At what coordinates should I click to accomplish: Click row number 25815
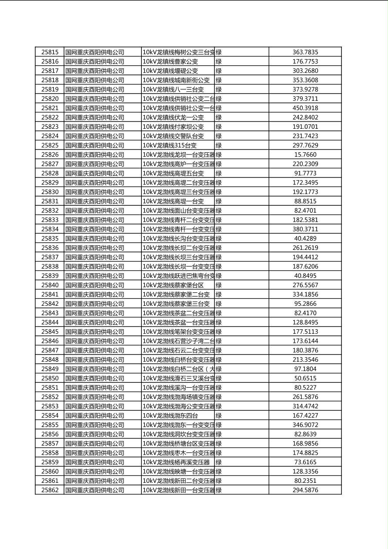50,52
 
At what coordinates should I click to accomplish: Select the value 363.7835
305,52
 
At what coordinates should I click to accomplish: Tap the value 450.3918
305,108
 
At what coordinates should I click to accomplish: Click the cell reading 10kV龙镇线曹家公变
170,61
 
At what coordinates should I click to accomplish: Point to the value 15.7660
305,154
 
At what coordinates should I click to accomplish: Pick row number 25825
50,145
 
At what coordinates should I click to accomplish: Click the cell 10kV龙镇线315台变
170,145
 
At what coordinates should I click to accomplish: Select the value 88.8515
305,201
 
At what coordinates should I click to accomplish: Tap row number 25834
50,229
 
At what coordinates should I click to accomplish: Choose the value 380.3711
305,229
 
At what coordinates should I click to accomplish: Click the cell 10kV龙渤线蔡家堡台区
173,285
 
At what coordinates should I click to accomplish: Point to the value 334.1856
305,295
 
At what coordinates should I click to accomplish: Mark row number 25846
50,341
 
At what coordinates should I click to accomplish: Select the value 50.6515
305,378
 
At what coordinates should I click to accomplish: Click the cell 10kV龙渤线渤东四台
170,415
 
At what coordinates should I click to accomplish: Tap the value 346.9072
305,425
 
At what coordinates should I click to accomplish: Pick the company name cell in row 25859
95,462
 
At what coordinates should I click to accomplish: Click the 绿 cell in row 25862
219,490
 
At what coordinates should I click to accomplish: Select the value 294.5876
305,490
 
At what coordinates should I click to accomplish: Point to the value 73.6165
305,462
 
